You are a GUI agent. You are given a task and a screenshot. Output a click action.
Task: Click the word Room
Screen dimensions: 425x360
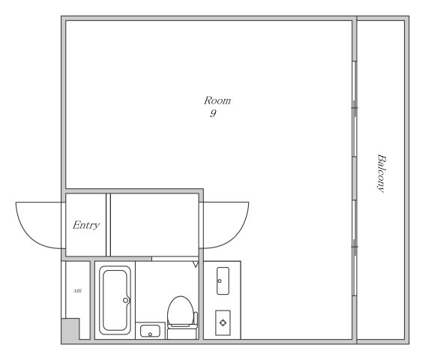(x=217, y=100)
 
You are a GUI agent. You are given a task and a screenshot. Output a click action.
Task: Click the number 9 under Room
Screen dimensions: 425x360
(x=214, y=113)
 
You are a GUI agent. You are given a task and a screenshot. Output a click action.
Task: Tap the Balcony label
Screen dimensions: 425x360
(x=381, y=173)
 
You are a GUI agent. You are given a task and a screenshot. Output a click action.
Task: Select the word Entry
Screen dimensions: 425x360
(x=86, y=225)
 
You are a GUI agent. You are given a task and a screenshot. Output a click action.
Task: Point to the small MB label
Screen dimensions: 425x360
(x=77, y=291)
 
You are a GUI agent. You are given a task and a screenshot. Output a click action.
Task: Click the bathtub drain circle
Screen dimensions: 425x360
(x=125, y=300)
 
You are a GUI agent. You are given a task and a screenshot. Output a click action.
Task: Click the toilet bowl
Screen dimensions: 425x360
(x=181, y=310)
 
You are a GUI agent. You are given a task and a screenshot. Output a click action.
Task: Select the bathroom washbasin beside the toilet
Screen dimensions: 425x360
(x=150, y=331)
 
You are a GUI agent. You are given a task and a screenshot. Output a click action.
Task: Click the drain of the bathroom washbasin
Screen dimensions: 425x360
(x=150, y=334)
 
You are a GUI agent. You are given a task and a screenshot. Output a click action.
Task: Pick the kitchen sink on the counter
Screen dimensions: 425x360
(x=223, y=280)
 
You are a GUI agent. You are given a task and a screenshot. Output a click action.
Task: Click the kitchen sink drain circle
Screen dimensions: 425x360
(x=220, y=280)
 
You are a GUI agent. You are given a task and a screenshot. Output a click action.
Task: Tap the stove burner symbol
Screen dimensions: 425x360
(x=223, y=322)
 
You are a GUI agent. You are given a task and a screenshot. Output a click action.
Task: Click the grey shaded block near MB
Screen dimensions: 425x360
(x=70, y=328)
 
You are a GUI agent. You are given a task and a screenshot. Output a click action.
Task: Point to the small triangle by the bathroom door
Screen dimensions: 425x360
(x=196, y=264)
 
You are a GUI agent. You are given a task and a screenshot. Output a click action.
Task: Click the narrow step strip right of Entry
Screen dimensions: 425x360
(x=108, y=225)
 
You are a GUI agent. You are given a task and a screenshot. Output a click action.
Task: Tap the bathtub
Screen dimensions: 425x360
(x=115, y=300)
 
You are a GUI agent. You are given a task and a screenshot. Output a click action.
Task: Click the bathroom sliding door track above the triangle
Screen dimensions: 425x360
(x=175, y=259)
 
